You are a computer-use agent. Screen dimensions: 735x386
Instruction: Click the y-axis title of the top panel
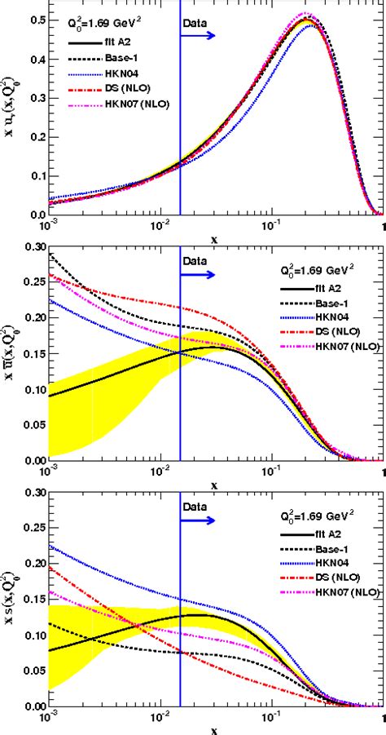10,114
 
